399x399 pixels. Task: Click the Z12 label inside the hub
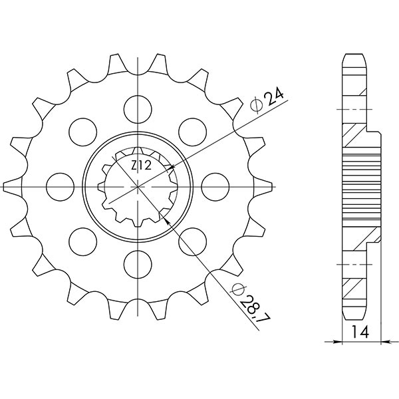point(141,166)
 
